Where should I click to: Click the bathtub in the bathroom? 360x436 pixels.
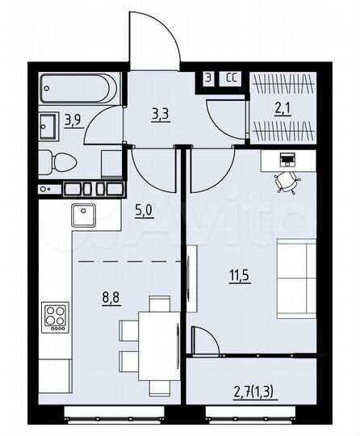coord(80,86)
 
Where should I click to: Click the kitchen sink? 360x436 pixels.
coord(85,215)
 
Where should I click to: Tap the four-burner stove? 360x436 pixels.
coord(56,317)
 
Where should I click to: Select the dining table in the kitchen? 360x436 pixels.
coord(147,332)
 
